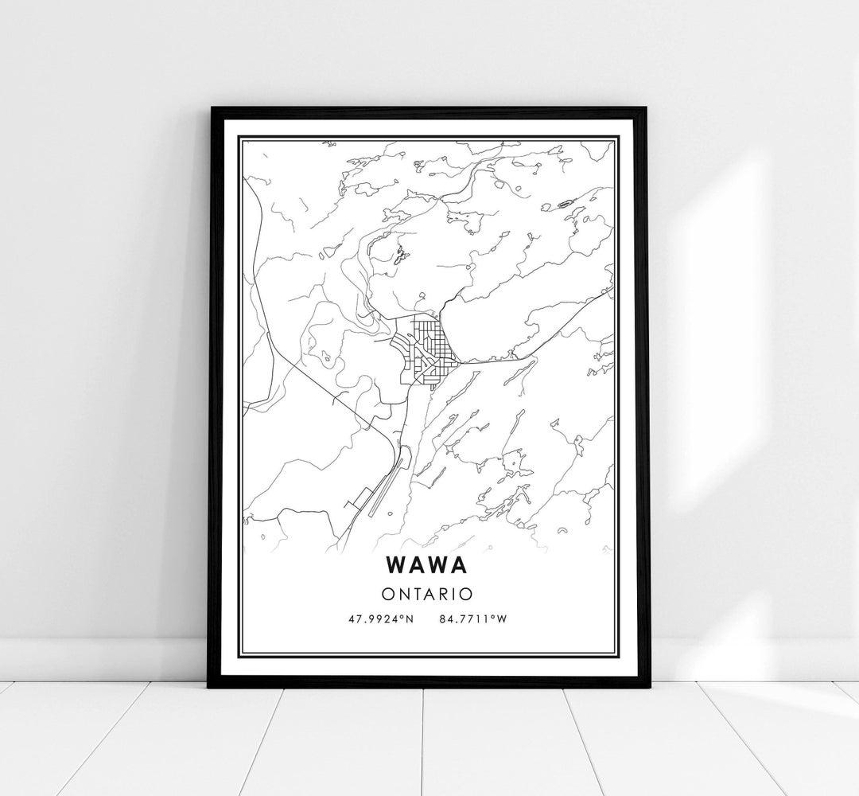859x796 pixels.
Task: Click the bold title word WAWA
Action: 429,564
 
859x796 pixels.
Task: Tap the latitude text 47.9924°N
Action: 380,618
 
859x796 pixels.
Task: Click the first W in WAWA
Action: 398,564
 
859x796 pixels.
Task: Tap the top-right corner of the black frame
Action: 647,108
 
